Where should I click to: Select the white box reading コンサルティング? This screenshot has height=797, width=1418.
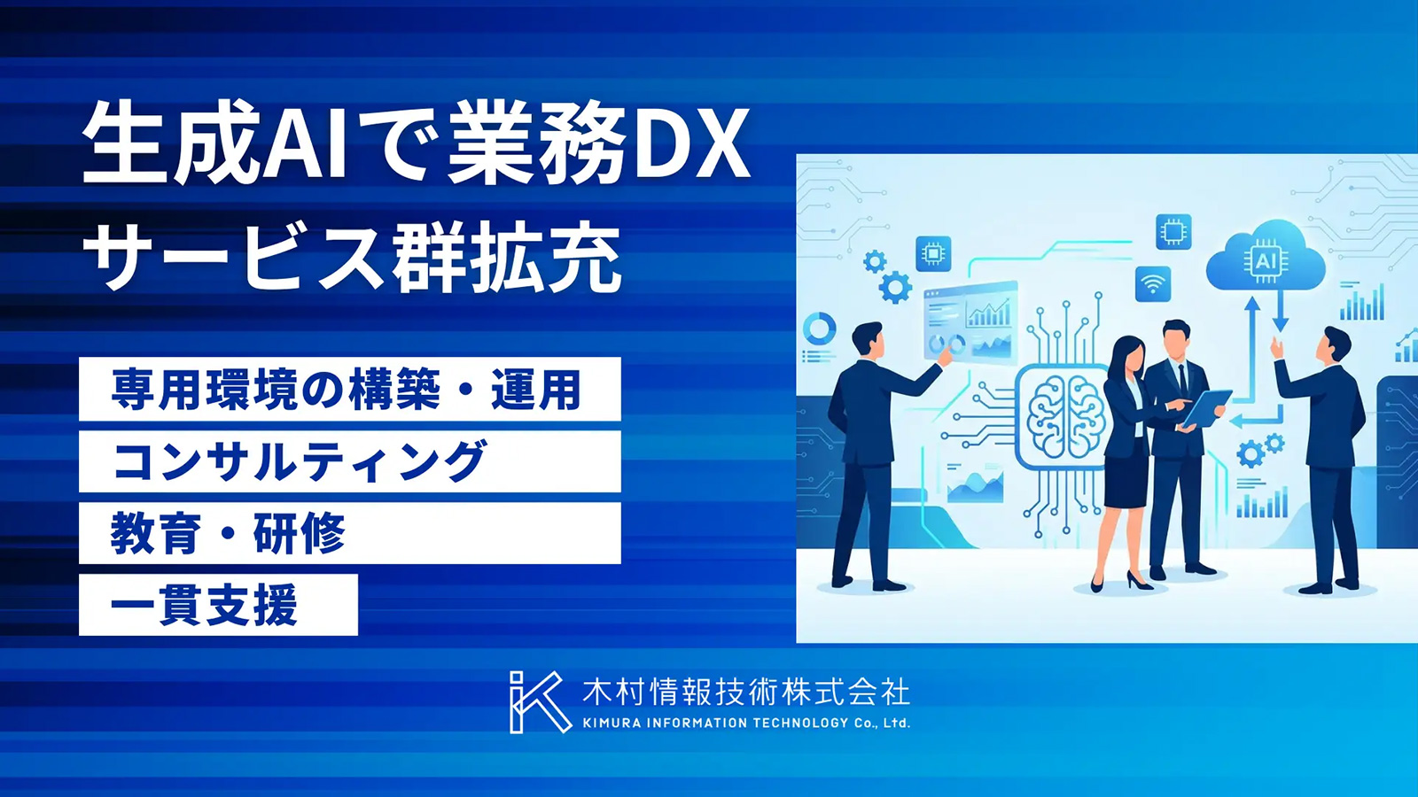tap(349, 461)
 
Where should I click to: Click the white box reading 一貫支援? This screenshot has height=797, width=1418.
tap(218, 605)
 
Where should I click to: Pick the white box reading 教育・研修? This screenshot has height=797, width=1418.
tap(349, 533)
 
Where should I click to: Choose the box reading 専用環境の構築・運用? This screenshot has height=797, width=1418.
tap(349, 389)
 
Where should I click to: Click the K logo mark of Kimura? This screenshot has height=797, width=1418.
tap(537, 702)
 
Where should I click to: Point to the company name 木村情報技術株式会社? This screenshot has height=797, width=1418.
tap(745, 692)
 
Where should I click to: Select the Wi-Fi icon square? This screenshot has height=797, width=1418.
tap(1153, 284)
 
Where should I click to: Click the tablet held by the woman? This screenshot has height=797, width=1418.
tap(1206, 407)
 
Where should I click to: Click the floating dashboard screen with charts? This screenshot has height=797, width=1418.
tap(970, 322)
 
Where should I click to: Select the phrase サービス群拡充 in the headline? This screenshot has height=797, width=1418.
tap(351, 260)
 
